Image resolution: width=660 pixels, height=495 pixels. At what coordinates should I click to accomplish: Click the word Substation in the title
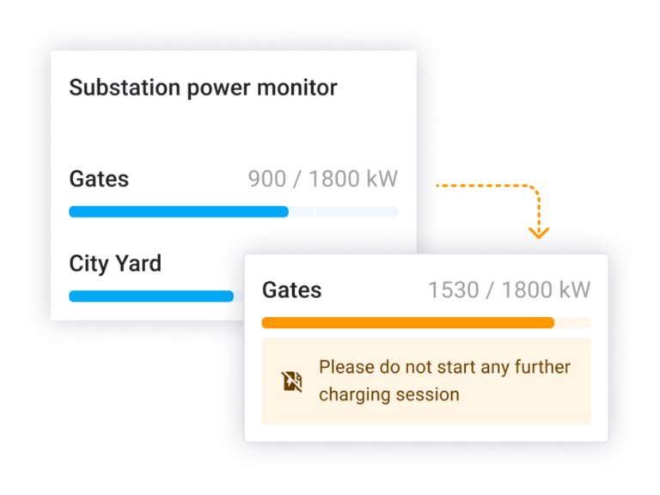125,88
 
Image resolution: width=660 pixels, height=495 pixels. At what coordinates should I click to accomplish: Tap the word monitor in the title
297,88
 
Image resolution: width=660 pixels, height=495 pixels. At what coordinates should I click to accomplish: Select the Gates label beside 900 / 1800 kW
99,179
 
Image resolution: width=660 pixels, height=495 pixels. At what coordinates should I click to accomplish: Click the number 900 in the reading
267,179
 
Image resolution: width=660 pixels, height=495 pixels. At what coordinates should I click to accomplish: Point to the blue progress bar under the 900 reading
179,211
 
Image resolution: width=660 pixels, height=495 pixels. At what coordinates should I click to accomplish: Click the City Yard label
115,264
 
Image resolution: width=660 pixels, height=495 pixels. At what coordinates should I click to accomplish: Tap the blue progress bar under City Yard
151,296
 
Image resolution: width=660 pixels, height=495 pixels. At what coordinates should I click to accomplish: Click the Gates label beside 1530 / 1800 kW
291,290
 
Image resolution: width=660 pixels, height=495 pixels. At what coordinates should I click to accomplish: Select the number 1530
454,290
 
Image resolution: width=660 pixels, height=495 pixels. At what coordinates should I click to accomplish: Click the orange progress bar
408,323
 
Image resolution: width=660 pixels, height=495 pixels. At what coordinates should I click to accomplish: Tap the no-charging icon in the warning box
291,382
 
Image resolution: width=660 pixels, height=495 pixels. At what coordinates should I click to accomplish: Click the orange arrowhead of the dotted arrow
539,233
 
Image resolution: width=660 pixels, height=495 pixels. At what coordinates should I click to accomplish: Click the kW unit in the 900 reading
382,179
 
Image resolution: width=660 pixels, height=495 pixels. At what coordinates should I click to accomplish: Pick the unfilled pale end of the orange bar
573,323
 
